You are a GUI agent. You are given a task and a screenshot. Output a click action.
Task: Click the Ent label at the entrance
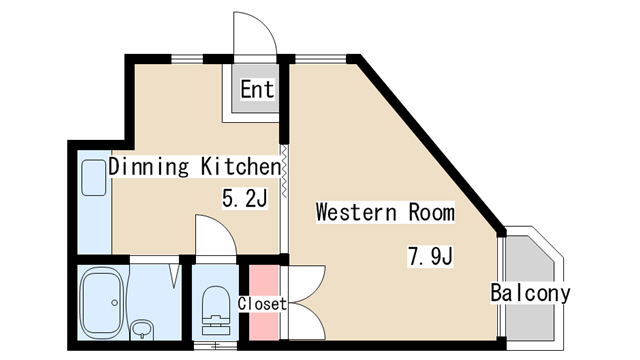pyautogui.click(x=257, y=89)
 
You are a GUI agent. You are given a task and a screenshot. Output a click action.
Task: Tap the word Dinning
pyautogui.click(x=149, y=167)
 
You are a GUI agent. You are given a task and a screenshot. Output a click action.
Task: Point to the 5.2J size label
pyautogui.click(x=244, y=198)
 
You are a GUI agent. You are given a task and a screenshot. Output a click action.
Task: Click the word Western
pyautogui.click(x=356, y=212)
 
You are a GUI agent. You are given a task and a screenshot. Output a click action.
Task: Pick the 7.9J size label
pyautogui.click(x=431, y=256)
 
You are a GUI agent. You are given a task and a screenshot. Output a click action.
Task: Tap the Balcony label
pyautogui.click(x=530, y=293)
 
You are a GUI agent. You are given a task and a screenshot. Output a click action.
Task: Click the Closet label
pyautogui.click(x=262, y=304)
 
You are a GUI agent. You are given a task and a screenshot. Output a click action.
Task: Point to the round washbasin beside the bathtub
pyautogui.click(x=142, y=329)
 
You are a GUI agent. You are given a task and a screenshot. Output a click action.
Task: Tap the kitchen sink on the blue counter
pyautogui.click(x=94, y=178)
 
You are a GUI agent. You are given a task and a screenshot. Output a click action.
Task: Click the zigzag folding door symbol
pyautogui.click(x=284, y=171)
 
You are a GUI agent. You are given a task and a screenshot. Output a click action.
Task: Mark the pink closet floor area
pyautogui.click(x=264, y=302)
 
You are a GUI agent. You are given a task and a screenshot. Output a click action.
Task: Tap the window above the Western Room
pyautogui.click(x=320, y=59)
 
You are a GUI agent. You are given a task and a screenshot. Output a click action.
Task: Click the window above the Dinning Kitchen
pyautogui.click(x=187, y=59)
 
